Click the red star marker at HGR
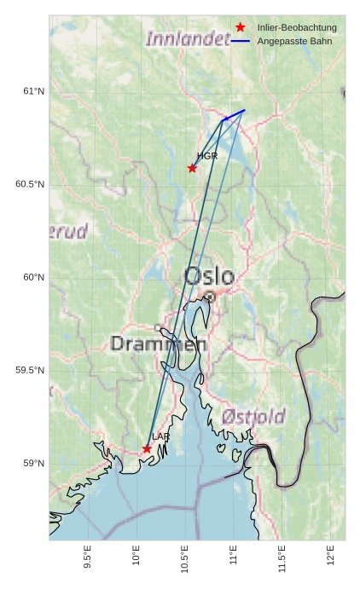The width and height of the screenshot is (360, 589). pyautogui.click(x=192, y=168)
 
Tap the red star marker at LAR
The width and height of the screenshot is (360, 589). pyautogui.click(x=147, y=448)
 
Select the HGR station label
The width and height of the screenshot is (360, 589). pyautogui.click(x=207, y=156)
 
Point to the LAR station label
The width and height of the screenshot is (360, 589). pyautogui.click(x=160, y=436)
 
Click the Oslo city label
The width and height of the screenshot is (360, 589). pyautogui.click(x=209, y=276)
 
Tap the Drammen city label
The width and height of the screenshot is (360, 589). pyautogui.click(x=159, y=344)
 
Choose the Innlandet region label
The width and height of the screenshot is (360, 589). pyautogui.click(x=188, y=38)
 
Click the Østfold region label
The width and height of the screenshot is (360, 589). pyautogui.click(x=253, y=416)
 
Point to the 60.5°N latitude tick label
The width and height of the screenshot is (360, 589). pyautogui.click(x=30, y=185)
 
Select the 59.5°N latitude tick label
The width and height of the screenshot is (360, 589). pyautogui.click(x=30, y=371)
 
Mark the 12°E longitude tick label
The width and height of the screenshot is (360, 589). pyautogui.click(x=331, y=555)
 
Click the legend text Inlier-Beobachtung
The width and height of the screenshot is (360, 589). pyautogui.click(x=297, y=28)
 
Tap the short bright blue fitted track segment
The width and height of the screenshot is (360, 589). pyautogui.click(x=234, y=115)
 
